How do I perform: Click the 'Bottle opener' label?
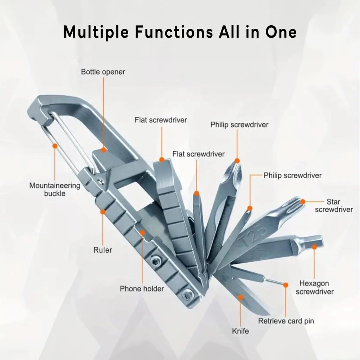[x=103, y=72]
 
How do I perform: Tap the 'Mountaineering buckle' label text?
[x=54, y=189]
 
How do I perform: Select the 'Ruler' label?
[x=103, y=250]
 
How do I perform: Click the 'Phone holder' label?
[x=142, y=289]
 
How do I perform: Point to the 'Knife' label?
[x=240, y=331]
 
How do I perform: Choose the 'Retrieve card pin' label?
[x=286, y=321]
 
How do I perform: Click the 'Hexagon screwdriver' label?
[x=314, y=287]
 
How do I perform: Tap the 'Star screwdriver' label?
[x=333, y=206]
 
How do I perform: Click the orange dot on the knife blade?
[x=240, y=297]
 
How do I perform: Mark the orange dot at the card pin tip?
[x=285, y=284]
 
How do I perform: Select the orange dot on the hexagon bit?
[x=314, y=247]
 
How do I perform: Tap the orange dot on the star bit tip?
[x=303, y=202]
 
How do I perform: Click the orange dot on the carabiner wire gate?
[x=55, y=146]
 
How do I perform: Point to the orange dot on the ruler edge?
[x=103, y=212]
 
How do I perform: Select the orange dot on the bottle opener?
[x=103, y=150]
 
